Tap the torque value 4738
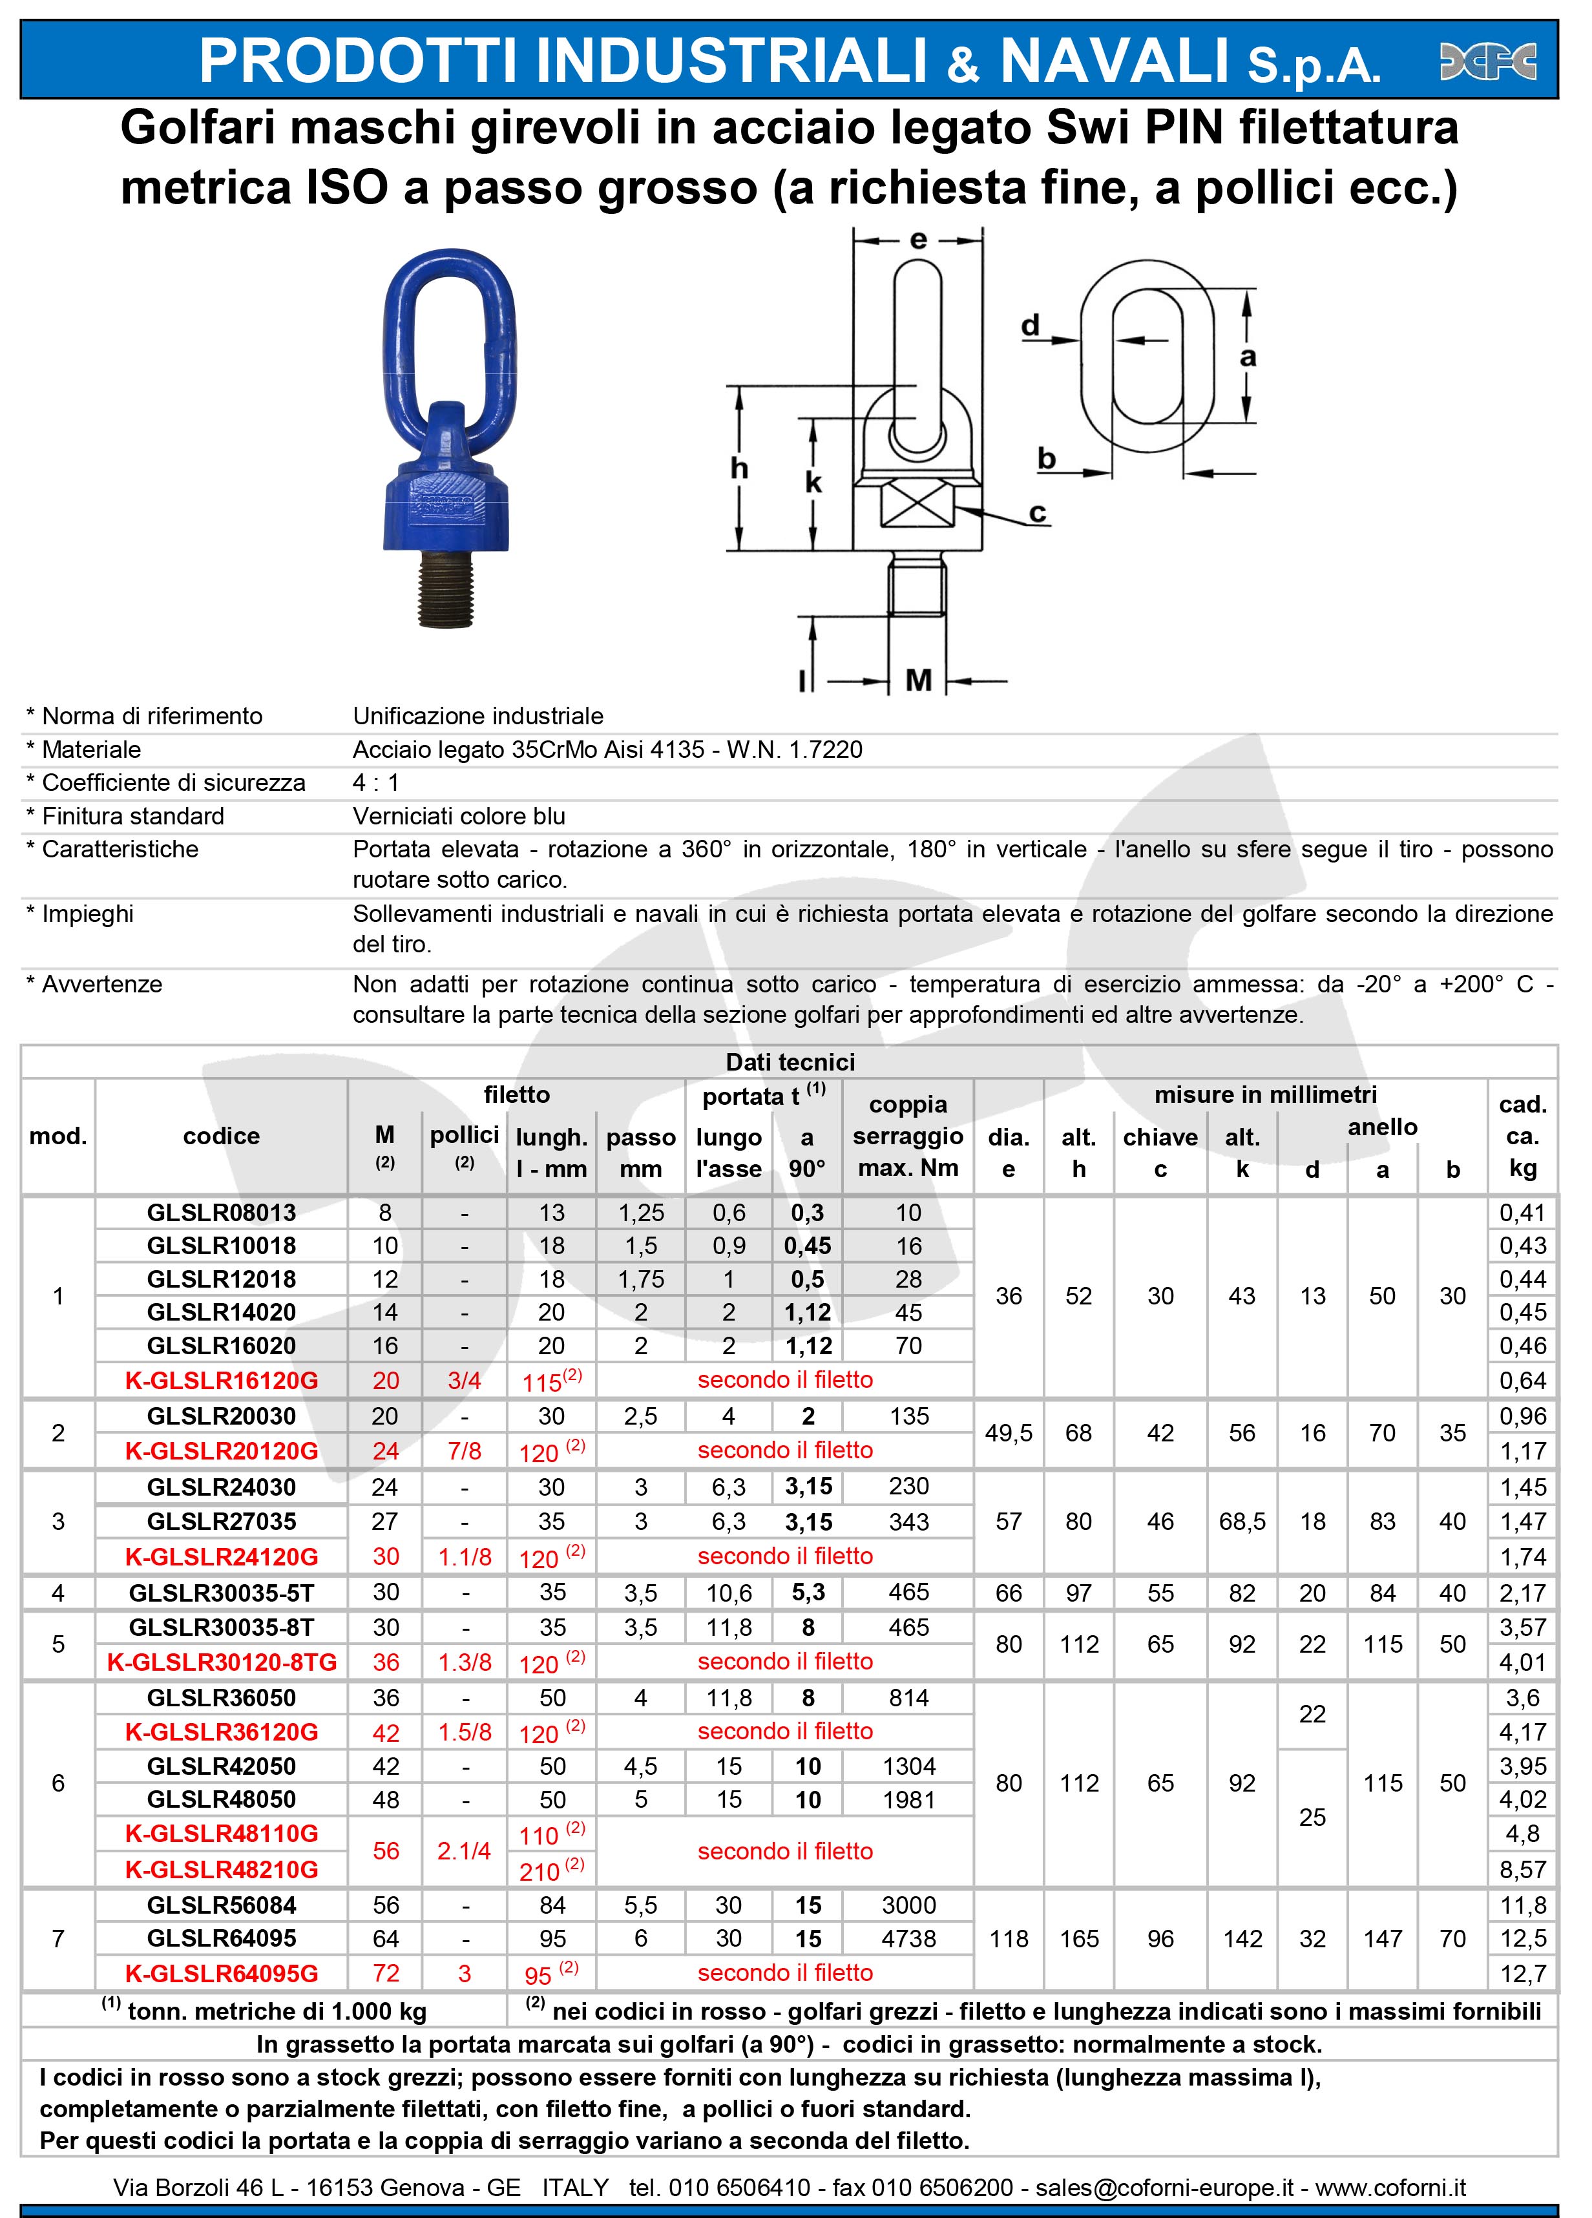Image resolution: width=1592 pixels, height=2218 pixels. (x=908, y=1938)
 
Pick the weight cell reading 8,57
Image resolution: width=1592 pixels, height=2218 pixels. (x=1523, y=1870)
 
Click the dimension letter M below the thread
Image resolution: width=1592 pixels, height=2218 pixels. (x=918, y=680)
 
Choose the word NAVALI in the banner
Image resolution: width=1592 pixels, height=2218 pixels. (x=1114, y=61)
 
